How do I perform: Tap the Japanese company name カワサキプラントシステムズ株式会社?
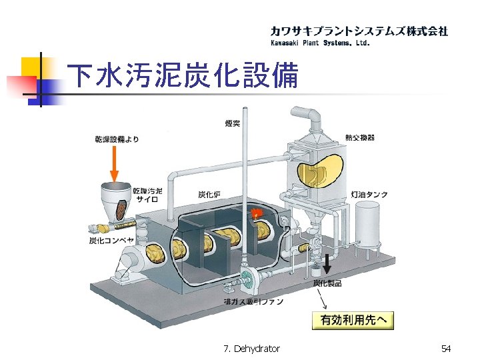coord(359,31)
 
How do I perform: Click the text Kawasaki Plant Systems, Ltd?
coord(319,43)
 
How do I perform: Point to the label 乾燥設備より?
coord(117,139)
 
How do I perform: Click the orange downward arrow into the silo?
coord(115,163)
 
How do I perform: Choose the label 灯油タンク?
coord(369,195)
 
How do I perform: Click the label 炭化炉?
coord(210,195)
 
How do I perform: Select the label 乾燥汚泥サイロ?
coord(147,195)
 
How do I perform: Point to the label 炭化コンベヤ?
coord(112,239)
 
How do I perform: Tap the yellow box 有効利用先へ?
coord(353,320)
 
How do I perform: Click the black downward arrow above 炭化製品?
coord(327,265)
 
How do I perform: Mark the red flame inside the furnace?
coord(255,213)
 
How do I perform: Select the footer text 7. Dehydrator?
coord(252,349)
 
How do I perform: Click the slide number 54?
coord(446,349)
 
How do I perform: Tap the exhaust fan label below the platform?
coord(254,302)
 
